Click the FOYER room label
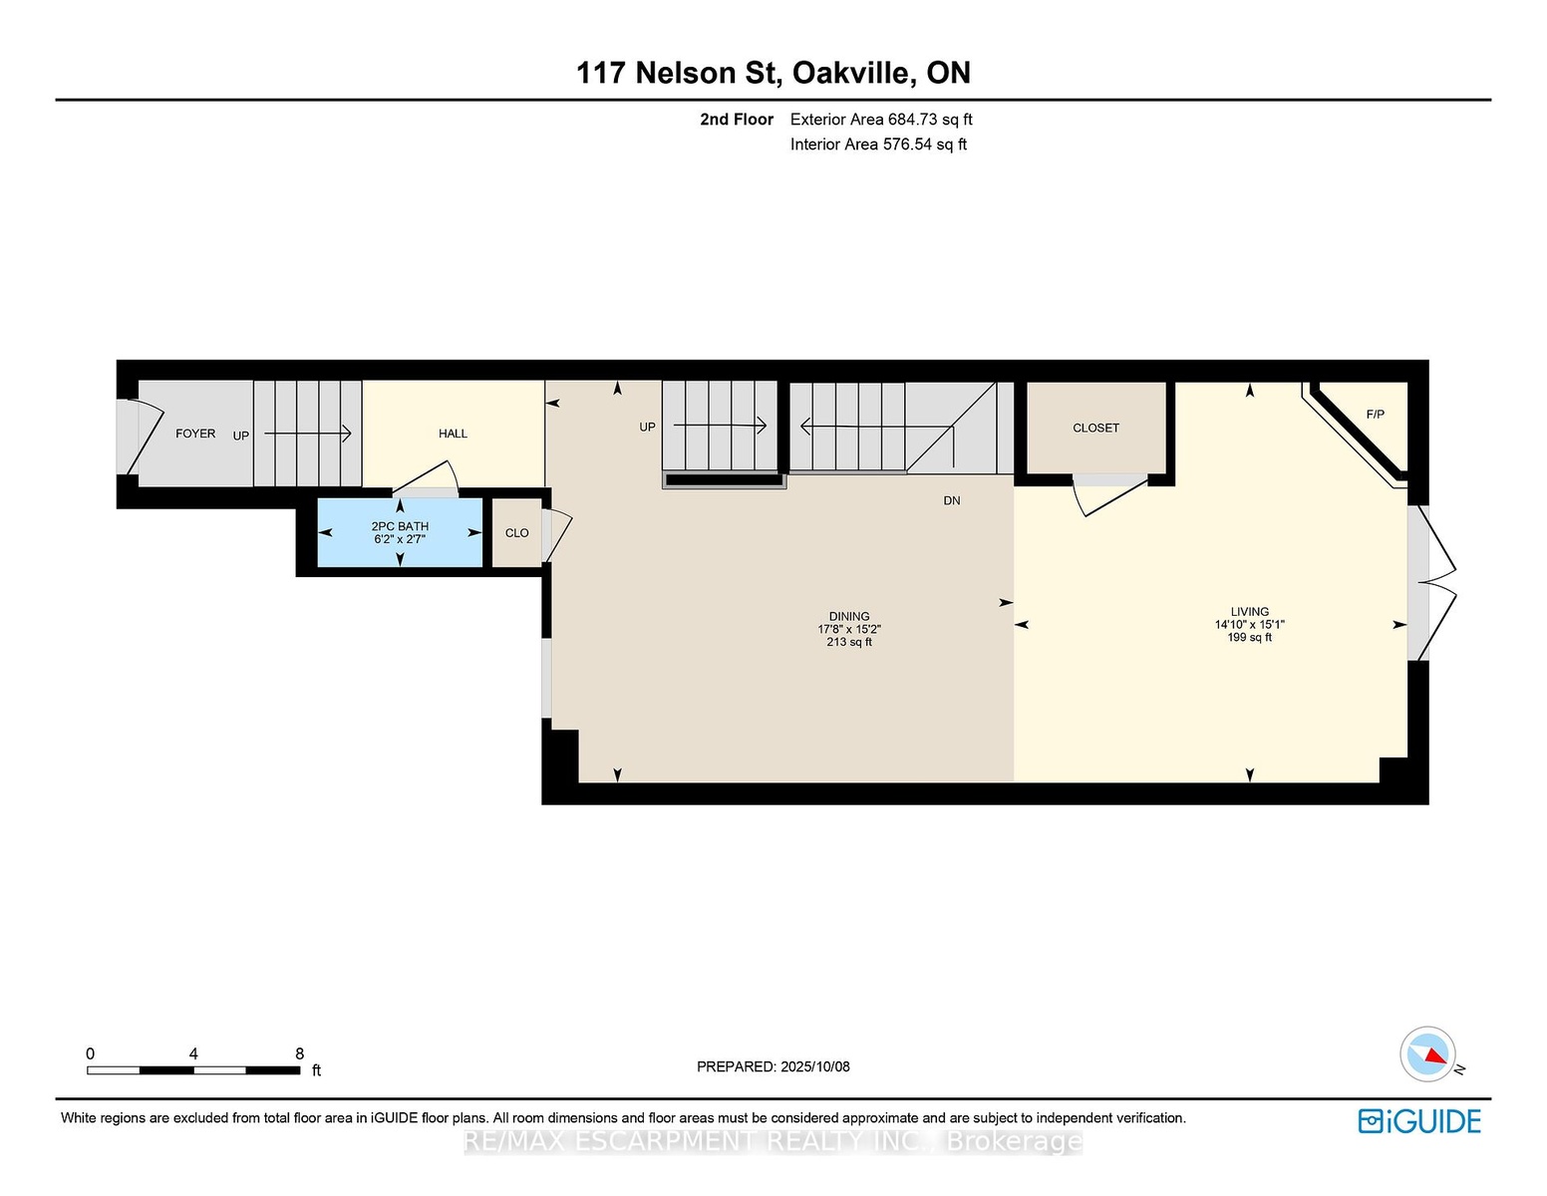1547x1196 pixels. [x=195, y=434]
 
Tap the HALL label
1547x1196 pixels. [x=453, y=434]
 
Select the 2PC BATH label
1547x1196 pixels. [x=400, y=526]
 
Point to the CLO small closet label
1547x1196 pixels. [x=517, y=533]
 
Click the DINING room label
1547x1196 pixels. [x=849, y=616]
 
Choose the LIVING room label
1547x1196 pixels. [x=1249, y=611]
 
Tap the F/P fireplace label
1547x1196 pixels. [x=1376, y=414]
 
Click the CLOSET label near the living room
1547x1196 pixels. [x=1095, y=428]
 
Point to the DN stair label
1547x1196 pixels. [x=952, y=501]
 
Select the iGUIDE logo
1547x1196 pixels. [x=1419, y=1121]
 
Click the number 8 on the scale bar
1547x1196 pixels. [x=300, y=1053]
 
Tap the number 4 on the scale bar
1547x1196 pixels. [x=193, y=1053]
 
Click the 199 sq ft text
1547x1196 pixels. [x=1249, y=638]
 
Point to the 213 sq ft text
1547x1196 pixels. [x=849, y=642]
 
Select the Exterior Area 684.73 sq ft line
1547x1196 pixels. [x=881, y=120]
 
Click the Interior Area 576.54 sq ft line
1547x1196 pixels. [x=878, y=145]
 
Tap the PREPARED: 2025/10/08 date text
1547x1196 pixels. [x=773, y=1066]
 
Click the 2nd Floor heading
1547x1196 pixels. [x=737, y=120]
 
